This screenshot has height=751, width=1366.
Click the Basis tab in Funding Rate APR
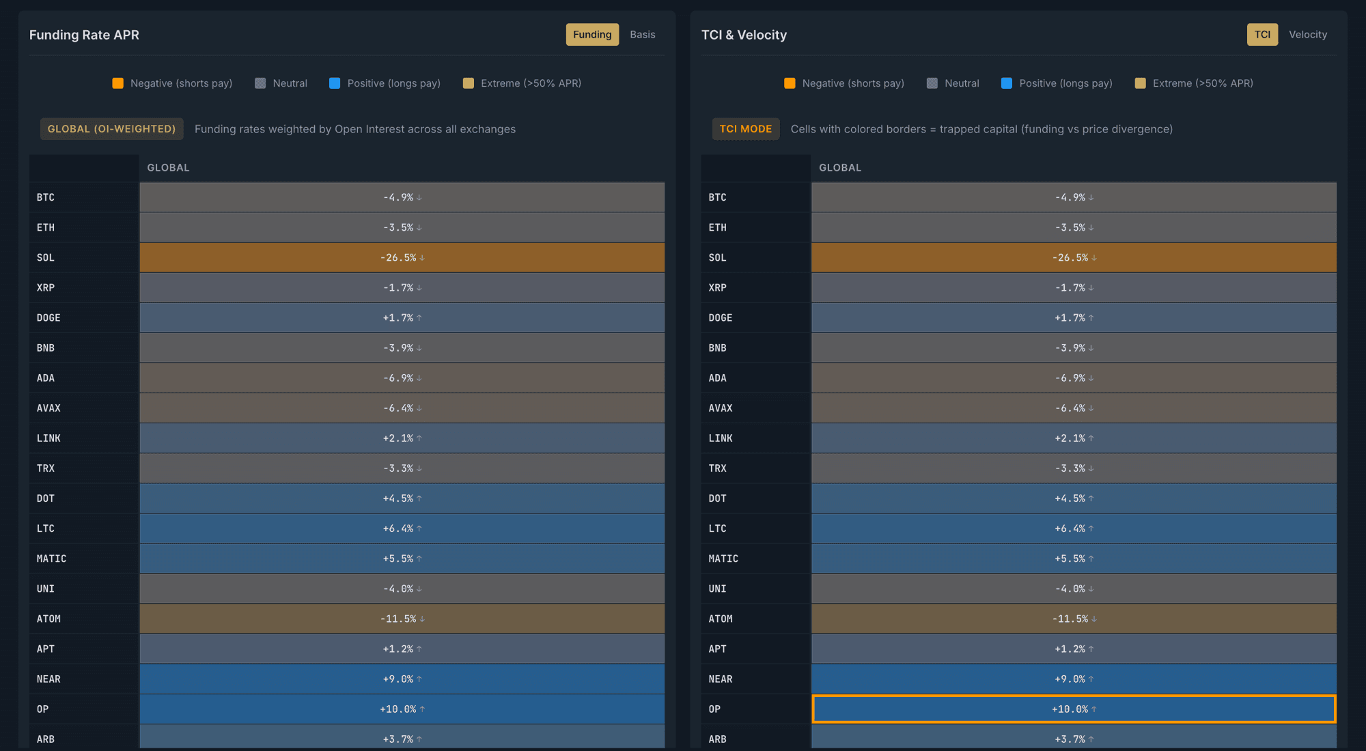[x=642, y=35]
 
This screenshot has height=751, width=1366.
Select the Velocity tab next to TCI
[x=1307, y=35]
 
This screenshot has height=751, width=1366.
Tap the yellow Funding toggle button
[x=592, y=35]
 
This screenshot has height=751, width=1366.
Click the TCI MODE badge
[x=745, y=129]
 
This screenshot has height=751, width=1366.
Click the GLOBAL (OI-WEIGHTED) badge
[x=111, y=129]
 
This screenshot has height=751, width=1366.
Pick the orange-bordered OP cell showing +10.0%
[x=1073, y=709]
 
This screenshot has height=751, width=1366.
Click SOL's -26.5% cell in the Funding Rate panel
[x=402, y=258]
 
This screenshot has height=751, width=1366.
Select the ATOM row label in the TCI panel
[x=720, y=619]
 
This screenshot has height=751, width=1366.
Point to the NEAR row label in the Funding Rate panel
[x=48, y=679]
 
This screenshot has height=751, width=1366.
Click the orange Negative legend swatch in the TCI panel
[x=790, y=83]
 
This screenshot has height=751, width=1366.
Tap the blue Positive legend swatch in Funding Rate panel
[x=335, y=83]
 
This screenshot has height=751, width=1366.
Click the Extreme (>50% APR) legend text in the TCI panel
[x=1202, y=83]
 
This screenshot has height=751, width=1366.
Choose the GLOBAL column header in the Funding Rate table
[x=168, y=168]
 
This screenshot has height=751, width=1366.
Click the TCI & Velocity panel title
[x=744, y=35]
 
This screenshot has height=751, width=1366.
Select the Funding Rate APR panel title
[x=84, y=35]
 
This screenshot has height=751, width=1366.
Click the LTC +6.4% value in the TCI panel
[x=1073, y=529]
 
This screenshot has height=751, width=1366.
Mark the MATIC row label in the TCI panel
[x=723, y=559]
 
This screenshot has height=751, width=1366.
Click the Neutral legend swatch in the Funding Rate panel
[x=260, y=83]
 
